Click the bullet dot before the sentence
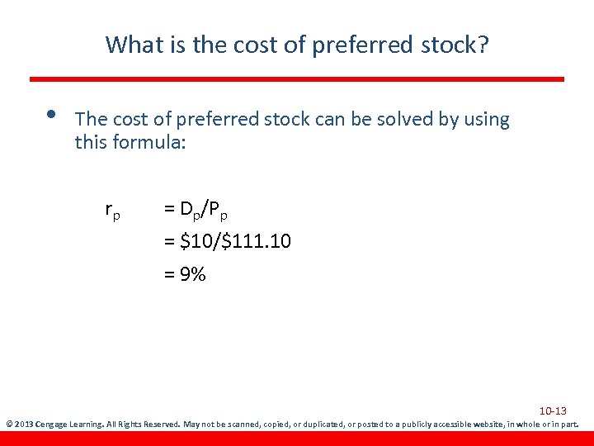[51, 114]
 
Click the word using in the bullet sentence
[486, 121]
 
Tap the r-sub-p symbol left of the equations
[113, 211]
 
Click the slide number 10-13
[553, 410]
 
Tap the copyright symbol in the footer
[8, 425]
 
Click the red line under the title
[297, 79]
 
